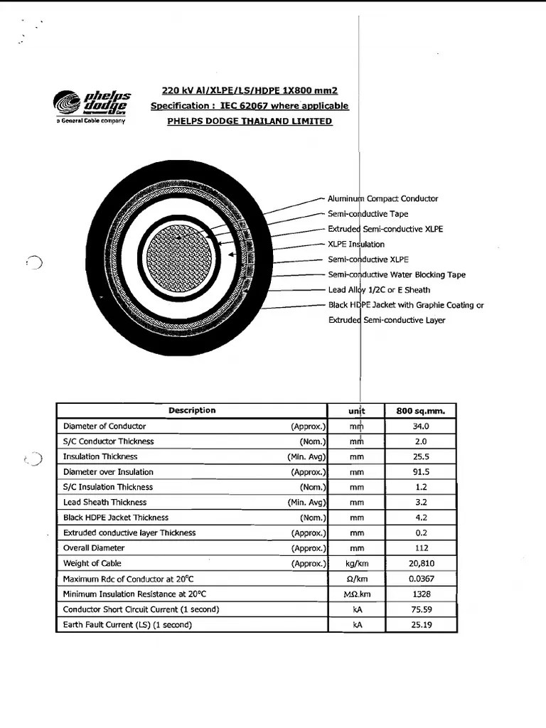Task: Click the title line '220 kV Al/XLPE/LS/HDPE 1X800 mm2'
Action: [x=250, y=90]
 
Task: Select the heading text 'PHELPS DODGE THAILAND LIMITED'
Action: [x=250, y=122]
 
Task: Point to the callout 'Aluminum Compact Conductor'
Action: [x=382, y=199]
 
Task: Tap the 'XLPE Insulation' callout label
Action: [x=356, y=245]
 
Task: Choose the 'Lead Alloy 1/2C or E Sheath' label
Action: [x=379, y=290]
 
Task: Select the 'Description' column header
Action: [x=192, y=410]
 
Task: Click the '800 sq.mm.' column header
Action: [x=421, y=411]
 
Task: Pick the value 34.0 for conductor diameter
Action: [x=421, y=427]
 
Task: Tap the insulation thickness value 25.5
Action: [x=421, y=457]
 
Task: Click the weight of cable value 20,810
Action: [x=421, y=564]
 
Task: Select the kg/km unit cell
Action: [x=357, y=564]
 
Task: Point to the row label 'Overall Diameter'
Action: [x=94, y=548]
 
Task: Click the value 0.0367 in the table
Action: [x=421, y=579]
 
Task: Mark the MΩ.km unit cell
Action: [x=357, y=594]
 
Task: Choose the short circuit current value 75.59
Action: [x=421, y=609]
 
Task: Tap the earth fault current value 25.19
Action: [x=421, y=625]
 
